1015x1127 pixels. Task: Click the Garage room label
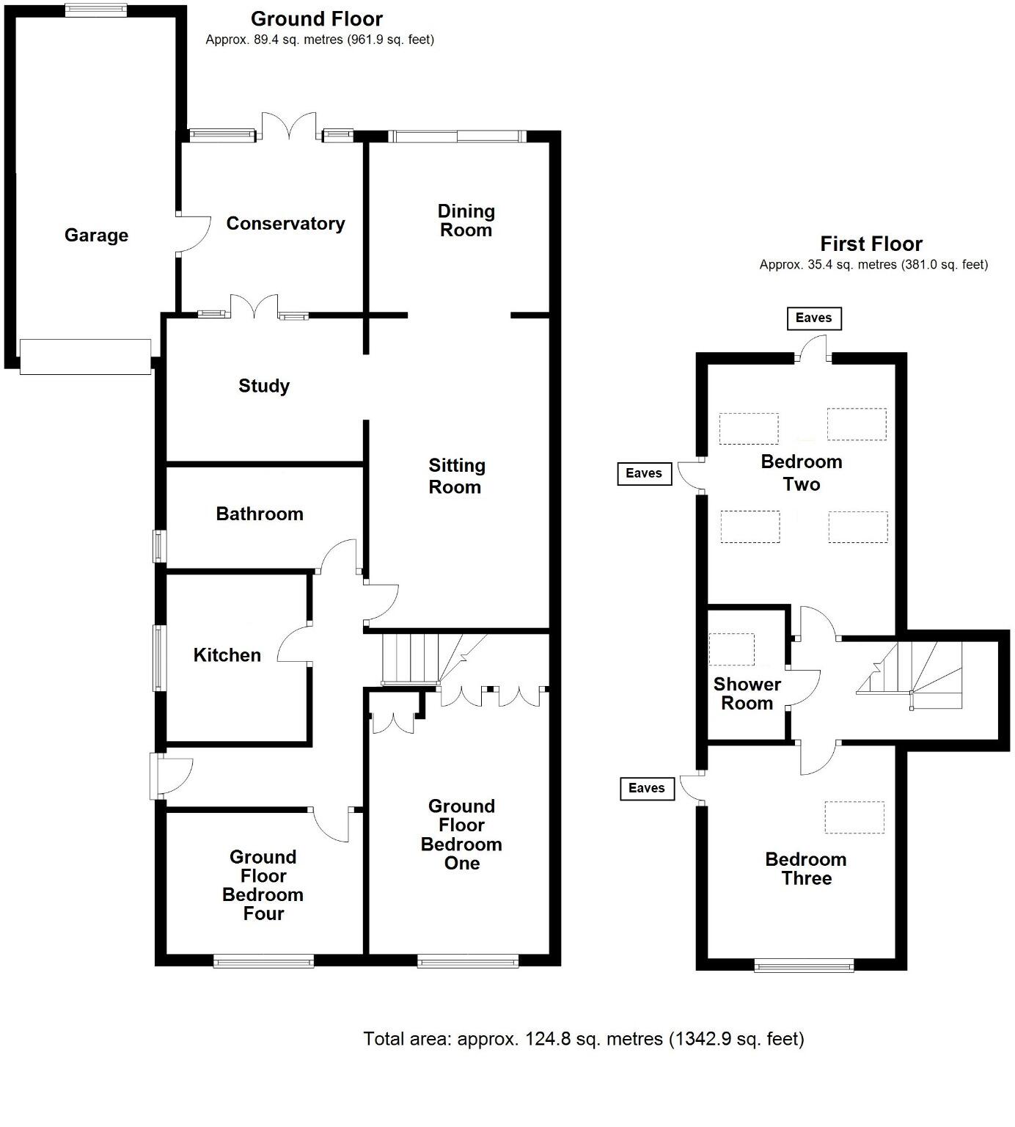click(x=96, y=235)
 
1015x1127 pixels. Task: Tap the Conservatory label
click(x=285, y=223)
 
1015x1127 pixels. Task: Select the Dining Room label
click(x=466, y=221)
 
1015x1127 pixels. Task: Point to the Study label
click(x=264, y=386)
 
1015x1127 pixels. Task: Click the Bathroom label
click(x=260, y=514)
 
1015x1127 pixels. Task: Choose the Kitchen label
click(x=227, y=655)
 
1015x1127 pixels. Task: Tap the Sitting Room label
click(x=456, y=476)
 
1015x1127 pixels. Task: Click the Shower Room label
click(x=747, y=693)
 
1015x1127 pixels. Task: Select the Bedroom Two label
click(x=801, y=473)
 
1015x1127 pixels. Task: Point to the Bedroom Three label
click(x=805, y=869)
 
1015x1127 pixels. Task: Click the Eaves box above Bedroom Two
click(x=813, y=318)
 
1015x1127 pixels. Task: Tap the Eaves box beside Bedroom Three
click(x=646, y=788)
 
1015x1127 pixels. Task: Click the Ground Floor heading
click(x=317, y=19)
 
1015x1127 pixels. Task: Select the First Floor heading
click(x=871, y=244)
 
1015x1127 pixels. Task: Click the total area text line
click(x=584, y=1039)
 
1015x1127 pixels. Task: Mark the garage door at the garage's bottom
click(x=85, y=357)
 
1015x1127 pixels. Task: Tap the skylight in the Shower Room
click(x=732, y=649)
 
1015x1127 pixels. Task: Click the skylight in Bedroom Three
click(x=854, y=817)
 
